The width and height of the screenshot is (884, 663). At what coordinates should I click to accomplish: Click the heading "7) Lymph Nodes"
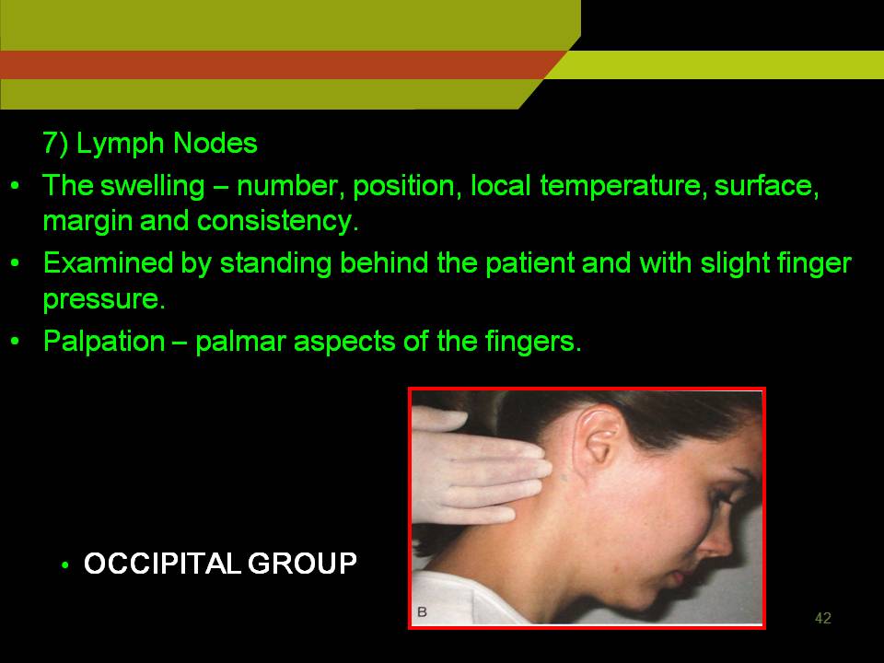pyautogui.click(x=150, y=144)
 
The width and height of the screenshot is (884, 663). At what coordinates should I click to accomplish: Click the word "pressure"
pyautogui.click(x=104, y=298)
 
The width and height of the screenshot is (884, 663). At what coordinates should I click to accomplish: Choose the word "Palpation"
pyautogui.click(x=104, y=341)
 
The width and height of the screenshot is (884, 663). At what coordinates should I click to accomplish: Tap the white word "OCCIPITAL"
pyautogui.click(x=163, y=564)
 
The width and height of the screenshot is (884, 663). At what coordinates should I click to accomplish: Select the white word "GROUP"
pyautogui.click(x=302, y=564)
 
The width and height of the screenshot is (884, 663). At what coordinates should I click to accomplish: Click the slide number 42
pyautogui.click(x=822, y=619)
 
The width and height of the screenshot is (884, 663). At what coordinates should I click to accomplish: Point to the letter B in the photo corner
pyautogui.click(x=422, y=611)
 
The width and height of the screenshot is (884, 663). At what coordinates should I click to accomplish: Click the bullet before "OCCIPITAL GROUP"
pyautogui.click(x=66, y=564)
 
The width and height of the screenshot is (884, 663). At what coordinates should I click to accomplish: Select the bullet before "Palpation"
pyautogui.click(x=16, y=342)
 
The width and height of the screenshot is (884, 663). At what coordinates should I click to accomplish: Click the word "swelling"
pyautogui.click(x=152, y=187)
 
